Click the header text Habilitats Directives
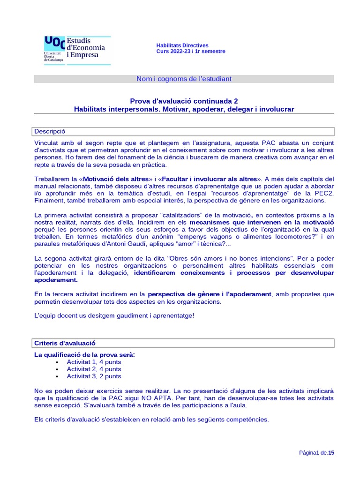coord(182,45)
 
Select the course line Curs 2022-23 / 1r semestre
coord(190,52)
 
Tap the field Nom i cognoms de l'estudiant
coord(184,79)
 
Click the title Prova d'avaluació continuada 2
coord(184,101)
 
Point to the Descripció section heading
coord(50,131)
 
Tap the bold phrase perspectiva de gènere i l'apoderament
coord(210,294)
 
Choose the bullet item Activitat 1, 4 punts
coord(94,362)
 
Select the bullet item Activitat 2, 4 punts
coord(94,369)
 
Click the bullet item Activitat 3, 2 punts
coord(94,376)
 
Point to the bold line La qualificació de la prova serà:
coord(84,354)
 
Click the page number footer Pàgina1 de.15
coord(316,453)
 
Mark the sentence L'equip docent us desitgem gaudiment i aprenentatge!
coord(114,315)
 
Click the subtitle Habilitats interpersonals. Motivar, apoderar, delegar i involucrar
coord(184,109)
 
